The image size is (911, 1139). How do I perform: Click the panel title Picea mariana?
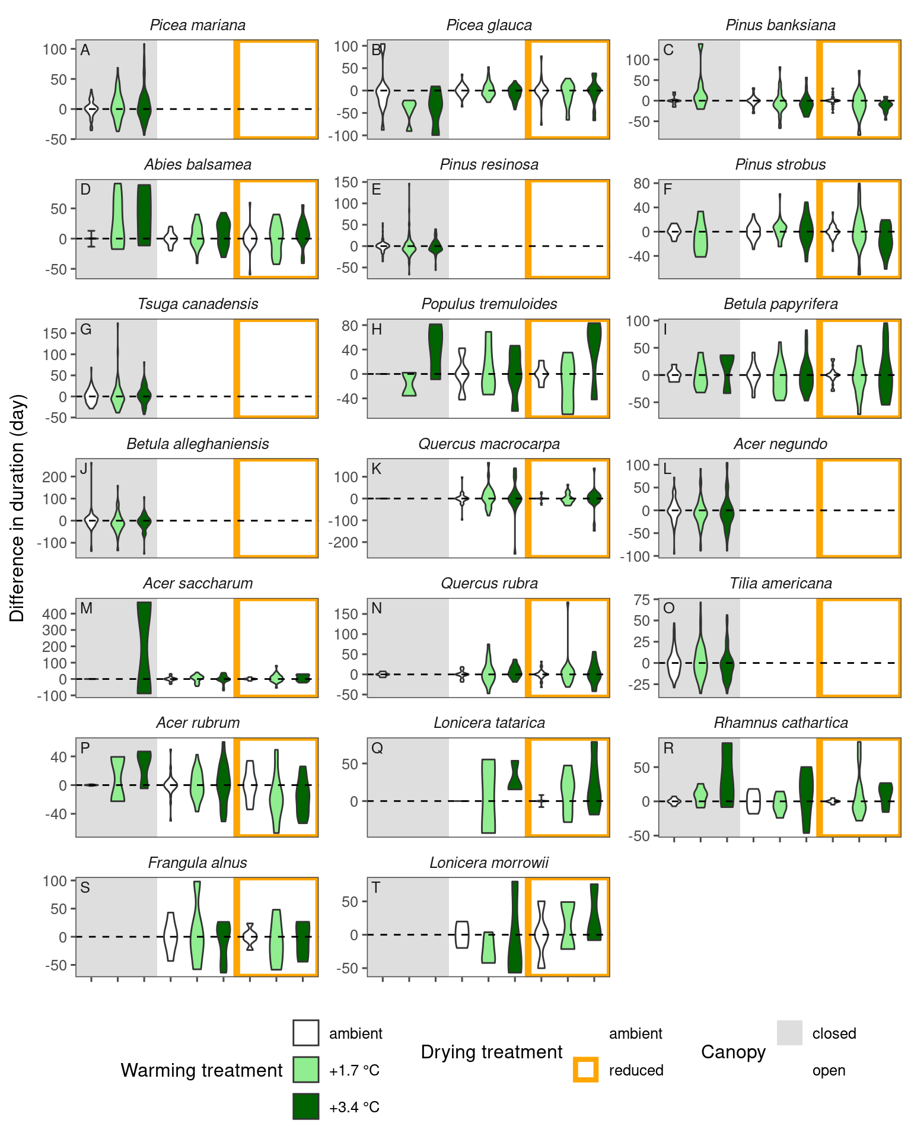(x=198, y=26)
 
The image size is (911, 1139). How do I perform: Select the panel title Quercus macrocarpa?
(x=489, y=444)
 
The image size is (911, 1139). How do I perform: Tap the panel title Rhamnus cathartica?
(x=781, y=723)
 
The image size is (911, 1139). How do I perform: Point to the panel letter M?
(x=86, y=608)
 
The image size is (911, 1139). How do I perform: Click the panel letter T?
(x=376, y=887)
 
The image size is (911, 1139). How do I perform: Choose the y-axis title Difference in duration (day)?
(x=18, y=508)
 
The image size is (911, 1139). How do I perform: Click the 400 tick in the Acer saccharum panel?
(x=55, y=614)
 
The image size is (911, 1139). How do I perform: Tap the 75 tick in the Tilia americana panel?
(x=642, y=600)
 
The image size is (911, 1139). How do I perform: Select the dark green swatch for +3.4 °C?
(x=305, y=1106)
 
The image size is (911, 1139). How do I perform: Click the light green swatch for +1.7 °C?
(x=305, y=1070)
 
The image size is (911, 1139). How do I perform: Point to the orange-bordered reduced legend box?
(x=585, y=1070)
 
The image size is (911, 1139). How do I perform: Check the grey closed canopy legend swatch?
(x=789, y=1033)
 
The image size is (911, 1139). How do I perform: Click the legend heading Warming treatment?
(x=202, y=1070)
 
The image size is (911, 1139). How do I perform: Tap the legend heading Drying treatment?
(x=491, y=1052)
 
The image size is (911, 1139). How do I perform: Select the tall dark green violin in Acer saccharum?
(x=144, y=647)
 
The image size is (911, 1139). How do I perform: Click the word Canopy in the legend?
(x=733, y=1052)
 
